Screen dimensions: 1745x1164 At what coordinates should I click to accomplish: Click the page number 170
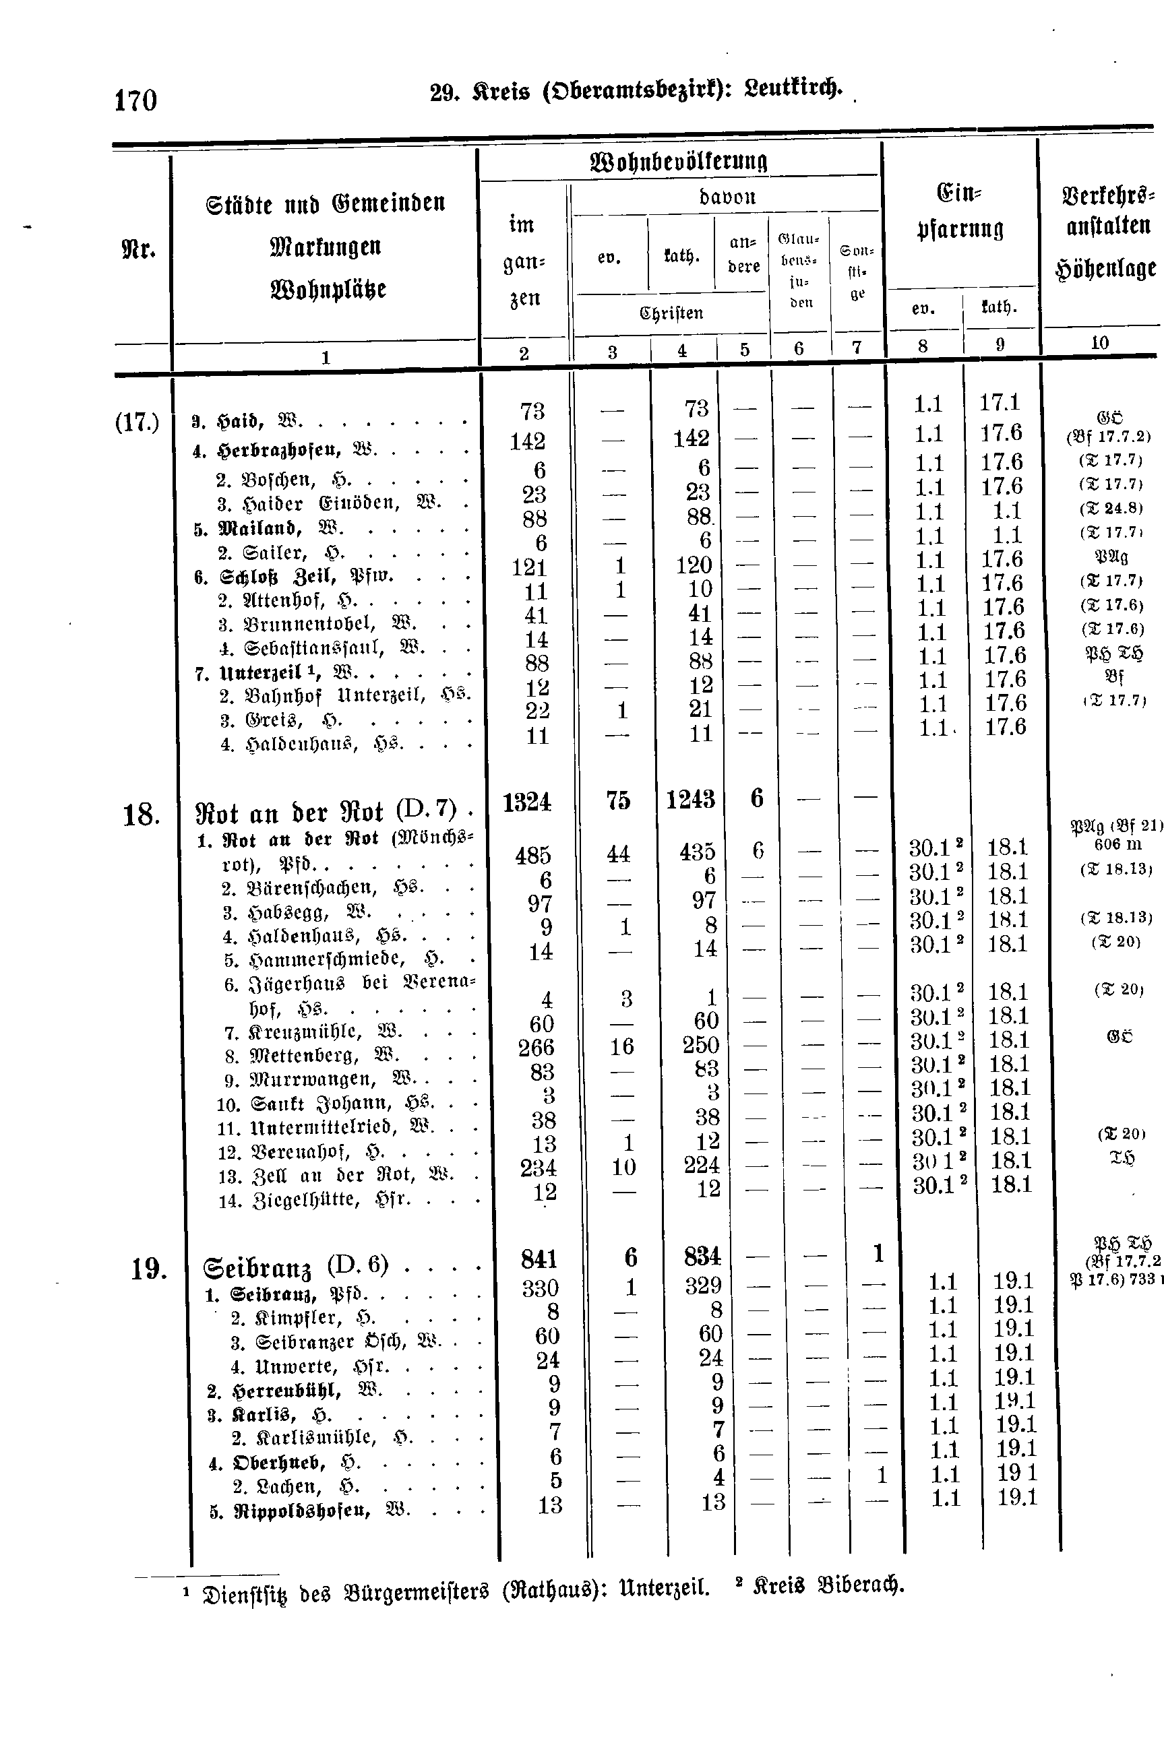point(135,100)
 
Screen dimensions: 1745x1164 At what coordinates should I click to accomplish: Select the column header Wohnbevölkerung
point(678,161)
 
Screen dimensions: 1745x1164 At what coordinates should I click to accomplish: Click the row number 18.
point(140,815)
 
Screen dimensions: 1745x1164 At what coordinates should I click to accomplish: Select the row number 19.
point(148,1269)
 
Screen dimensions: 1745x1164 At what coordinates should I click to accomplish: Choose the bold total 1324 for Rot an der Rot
point(526,802)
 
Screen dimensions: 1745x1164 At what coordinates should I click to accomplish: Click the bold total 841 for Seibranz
point(539,1259)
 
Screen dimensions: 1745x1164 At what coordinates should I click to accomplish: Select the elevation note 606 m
point(1117,844)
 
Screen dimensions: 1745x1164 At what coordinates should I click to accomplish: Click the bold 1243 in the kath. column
point(690,800)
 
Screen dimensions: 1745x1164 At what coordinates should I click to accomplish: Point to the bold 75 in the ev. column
point(617,800)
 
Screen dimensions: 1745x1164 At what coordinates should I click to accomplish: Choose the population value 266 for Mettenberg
point(536,1048)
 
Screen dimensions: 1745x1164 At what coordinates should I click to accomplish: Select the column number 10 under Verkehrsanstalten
point(1099,343)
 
